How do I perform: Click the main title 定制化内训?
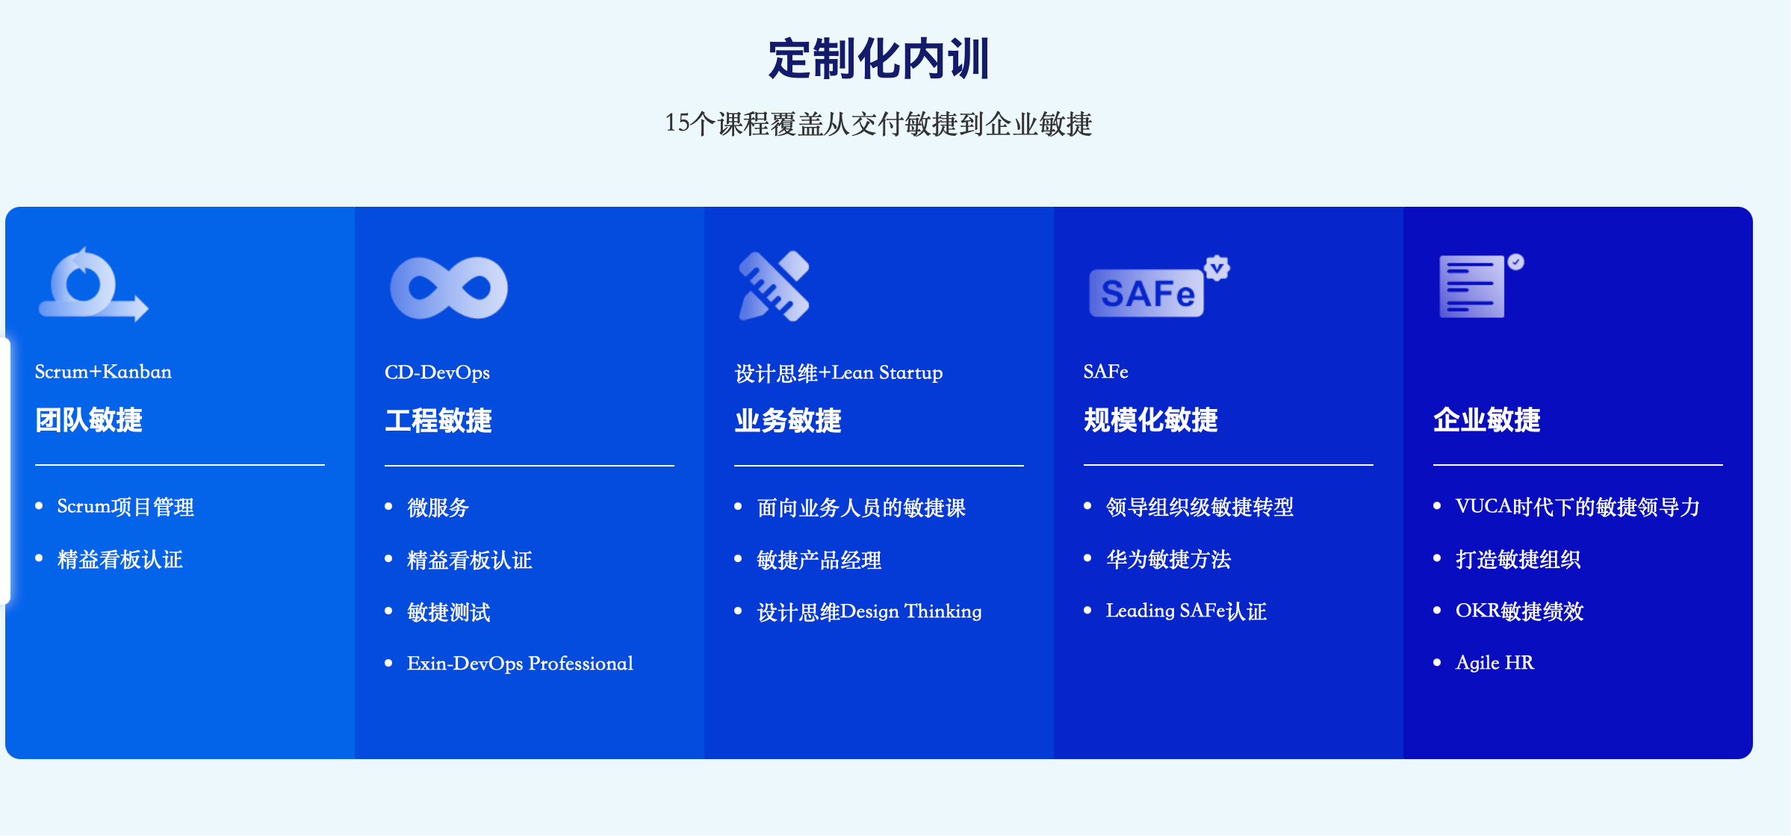879,59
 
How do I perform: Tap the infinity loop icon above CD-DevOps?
449,288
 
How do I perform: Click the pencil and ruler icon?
774,287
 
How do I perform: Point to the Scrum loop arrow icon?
93,284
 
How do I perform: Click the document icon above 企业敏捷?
1481,286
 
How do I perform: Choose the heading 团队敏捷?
89,420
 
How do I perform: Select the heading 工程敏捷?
438,420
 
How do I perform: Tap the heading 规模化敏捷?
1151,420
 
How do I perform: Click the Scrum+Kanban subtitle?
103,372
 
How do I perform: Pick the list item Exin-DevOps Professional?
520,664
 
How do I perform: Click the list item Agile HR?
1494,663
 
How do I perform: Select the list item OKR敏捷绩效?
1519,611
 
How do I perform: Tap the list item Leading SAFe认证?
1186,611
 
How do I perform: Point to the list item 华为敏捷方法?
1168,559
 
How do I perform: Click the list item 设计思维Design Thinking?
869,611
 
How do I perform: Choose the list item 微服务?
438,508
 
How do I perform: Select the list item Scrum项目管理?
125,507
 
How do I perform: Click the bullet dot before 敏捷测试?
388,611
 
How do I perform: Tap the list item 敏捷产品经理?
819,560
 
